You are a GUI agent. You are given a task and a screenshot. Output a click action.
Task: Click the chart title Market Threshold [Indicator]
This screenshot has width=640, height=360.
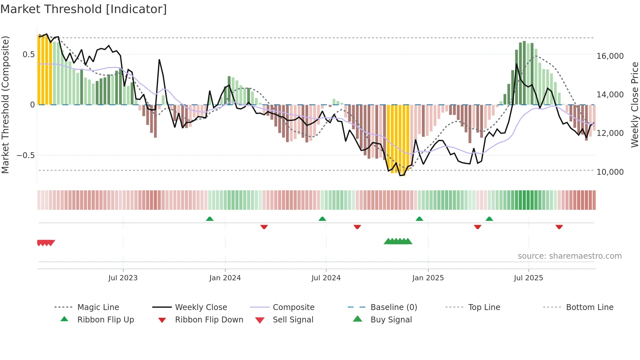pyautogui.click(x=84, y=9)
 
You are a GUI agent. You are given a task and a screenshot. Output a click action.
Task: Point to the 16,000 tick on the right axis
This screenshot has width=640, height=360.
pyautogui.click(x=610, y=56)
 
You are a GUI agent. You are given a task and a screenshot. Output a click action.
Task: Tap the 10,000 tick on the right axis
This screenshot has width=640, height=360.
pyautogui.click(x=610, y=172)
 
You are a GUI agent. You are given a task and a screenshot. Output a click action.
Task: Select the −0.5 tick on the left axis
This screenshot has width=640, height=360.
pyautogui.click(x=26, y=155)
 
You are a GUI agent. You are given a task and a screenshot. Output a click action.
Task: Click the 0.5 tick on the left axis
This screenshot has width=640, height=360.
pyautogui.click(x=28, y=54)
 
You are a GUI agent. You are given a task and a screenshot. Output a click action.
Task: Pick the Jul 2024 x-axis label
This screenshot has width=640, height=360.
pyautogui.click(x=326, y=278)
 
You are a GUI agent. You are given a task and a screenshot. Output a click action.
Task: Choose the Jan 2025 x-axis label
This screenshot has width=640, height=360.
pyautogui.click(x=428, y=278)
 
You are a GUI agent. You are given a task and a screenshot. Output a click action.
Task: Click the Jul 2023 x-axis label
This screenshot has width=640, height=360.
pyautogui.click(x=123, y=278)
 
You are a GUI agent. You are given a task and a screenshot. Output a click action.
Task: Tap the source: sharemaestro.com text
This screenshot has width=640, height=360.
pyautogui.click(x=569, y=256)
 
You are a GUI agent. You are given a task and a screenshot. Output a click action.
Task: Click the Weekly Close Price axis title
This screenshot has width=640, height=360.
pyautogui.click(x=634, y=105)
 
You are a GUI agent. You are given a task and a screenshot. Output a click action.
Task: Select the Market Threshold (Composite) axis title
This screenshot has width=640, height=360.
pyautogui.click(x=5, y=105)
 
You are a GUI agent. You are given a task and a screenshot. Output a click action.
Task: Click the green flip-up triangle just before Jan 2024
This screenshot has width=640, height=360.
pyautogui.click(x=210, y=219)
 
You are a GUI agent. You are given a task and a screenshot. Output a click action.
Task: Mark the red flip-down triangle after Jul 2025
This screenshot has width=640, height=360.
pyautogui.click(x=559, y=227)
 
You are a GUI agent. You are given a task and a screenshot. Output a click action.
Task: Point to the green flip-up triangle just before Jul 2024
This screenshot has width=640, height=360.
pyautogui.click(x=322, y=219)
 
